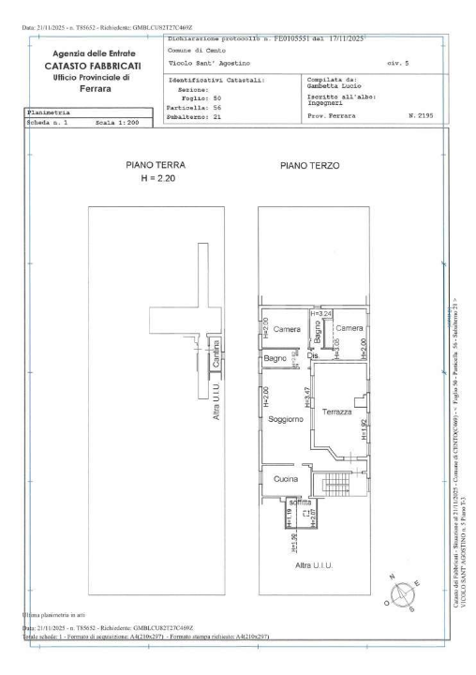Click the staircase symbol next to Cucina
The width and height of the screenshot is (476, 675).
(x=335, y=484)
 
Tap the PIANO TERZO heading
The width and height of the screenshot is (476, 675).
(x=309, y=166)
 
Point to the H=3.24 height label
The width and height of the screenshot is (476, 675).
(x=321, y=313)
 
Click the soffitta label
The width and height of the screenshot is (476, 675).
(x=300, y=502)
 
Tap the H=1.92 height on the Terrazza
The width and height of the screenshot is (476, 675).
(x=364, y=428)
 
